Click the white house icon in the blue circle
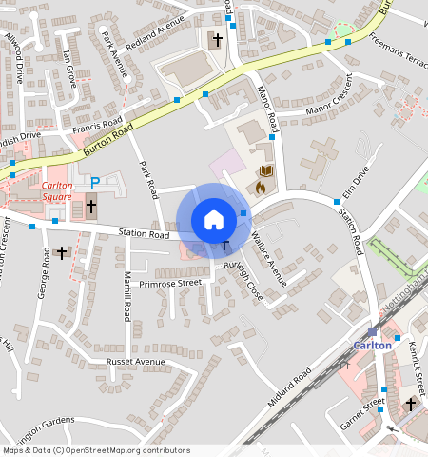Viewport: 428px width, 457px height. click(214, 220)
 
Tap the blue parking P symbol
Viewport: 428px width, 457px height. click(95, 181)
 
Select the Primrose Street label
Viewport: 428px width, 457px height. click(170, 283)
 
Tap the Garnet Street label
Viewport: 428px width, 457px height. click(363, 408)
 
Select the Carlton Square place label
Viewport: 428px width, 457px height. click(57, 191)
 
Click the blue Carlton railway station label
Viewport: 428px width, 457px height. click(372, 345)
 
